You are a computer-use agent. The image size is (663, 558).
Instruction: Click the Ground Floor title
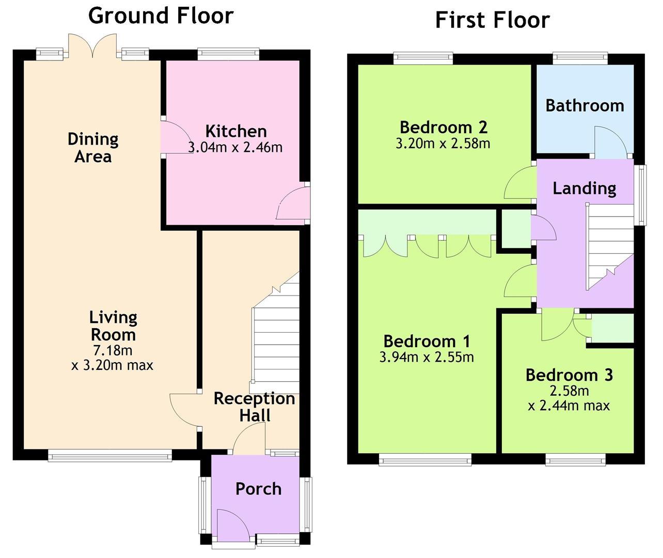coord(161,16)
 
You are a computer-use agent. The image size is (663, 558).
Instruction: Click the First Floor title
coord(493,20)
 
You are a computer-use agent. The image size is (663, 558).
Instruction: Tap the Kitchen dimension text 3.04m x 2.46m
coord(235,147)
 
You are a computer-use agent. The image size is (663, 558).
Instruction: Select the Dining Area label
coord(93,148)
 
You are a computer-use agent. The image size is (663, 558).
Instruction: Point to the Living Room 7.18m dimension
coord(113,350)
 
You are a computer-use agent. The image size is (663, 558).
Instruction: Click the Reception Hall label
coord(255,407)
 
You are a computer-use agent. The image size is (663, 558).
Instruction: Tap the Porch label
coord(259,489)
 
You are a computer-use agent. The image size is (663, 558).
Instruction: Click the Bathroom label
coord(585,105)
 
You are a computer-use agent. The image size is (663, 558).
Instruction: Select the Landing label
coord(585,189)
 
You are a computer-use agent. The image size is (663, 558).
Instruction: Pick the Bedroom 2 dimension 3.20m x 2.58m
coord(443,144)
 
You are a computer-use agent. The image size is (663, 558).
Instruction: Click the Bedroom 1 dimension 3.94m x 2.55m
coord(427,358)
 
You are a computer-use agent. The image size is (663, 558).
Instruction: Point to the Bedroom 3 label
coord(570,375)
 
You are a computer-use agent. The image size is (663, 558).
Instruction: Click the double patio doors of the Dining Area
coord(92,47)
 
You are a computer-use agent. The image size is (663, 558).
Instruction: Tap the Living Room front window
coord(110,455)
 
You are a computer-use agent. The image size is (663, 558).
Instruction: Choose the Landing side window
coord(641,195)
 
